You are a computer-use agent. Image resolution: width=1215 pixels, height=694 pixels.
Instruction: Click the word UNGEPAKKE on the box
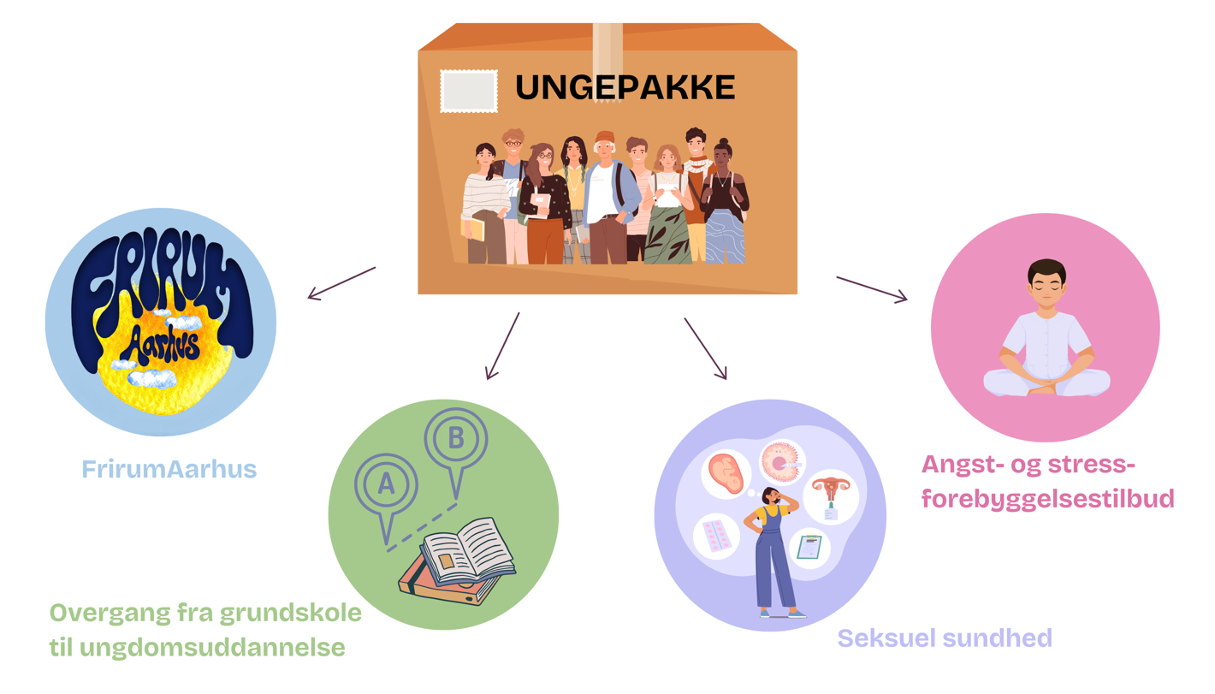625,88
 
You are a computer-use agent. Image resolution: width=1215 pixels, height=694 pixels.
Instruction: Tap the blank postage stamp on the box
468,92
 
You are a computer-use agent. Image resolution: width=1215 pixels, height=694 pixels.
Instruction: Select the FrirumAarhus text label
169,469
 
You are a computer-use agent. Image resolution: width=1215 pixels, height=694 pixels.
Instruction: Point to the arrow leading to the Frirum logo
341,283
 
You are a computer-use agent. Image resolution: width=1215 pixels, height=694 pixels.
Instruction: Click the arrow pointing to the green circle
502,346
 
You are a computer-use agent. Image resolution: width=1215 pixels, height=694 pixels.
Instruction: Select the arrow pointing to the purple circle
705,348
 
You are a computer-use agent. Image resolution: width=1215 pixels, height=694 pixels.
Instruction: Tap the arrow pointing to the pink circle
872,289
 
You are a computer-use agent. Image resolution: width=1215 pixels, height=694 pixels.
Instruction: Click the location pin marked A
386,486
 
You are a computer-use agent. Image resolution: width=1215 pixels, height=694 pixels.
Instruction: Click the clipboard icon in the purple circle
809,546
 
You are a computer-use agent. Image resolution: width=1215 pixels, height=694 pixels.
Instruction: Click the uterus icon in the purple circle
829,495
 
